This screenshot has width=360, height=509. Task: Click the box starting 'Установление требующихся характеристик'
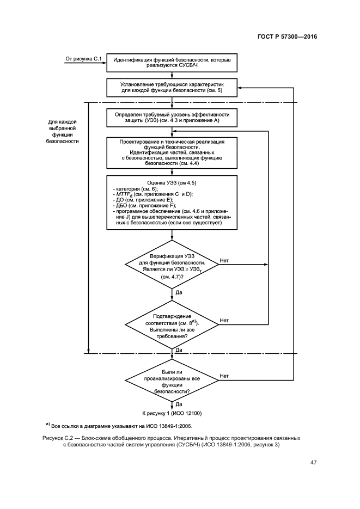172,88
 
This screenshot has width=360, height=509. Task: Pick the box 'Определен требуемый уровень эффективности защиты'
172,118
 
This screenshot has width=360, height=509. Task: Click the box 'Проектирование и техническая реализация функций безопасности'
172,152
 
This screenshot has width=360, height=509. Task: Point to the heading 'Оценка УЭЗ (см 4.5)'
172,183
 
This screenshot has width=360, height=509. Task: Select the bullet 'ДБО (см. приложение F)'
141,206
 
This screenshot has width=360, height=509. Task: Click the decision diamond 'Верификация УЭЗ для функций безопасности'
172,266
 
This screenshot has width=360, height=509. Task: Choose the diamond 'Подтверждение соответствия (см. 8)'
172,327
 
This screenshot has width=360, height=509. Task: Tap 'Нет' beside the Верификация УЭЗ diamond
224,261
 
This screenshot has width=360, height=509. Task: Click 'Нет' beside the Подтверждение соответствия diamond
224,321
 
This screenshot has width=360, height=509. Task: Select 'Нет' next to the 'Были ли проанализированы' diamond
224,376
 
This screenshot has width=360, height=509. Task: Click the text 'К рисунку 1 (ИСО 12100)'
172,413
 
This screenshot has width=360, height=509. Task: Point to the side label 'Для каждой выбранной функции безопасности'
63,131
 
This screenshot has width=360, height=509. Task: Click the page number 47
313,463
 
